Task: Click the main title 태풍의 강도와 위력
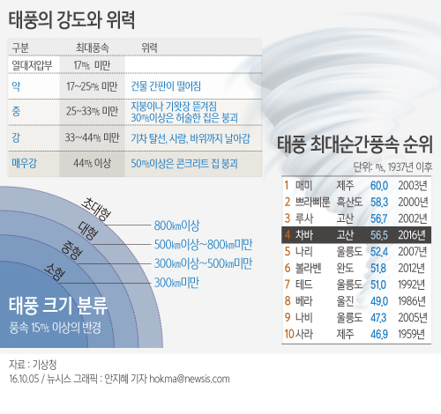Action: point(71,20)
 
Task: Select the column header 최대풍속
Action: point(93,48)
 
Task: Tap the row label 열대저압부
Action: point(32,65)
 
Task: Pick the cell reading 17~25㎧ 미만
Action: point(92,86)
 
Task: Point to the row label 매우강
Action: point(24,163)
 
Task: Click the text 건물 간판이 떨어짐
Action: point(166,86)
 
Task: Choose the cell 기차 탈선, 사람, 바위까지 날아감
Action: point(191,138)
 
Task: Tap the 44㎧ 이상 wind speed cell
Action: point(92,163)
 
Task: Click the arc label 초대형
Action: point(96,209)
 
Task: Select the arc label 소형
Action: point(55,272)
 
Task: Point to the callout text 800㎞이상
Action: point(176,225)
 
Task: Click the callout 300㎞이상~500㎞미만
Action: point(203,263)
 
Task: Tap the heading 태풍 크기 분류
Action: point(58,306)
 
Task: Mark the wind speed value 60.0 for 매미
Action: point(379,186)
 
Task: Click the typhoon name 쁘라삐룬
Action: point(312,202)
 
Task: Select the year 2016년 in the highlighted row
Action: point(412,235)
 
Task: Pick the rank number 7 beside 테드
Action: point(288,285)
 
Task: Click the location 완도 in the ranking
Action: point(345,268)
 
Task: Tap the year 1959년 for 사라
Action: point(412,334)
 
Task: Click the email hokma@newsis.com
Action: point(190,379)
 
